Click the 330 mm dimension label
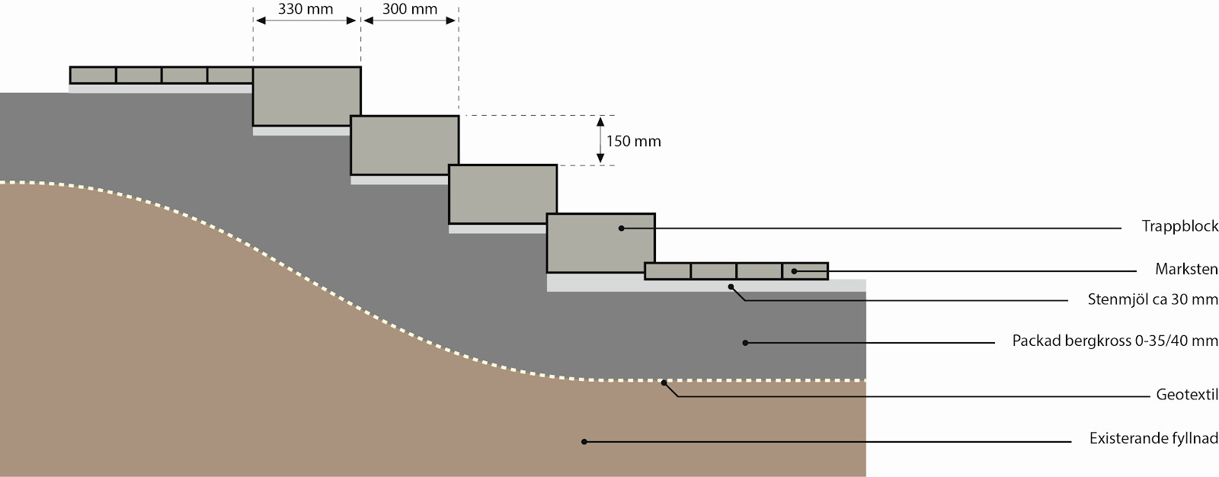point(306,8)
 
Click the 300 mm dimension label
point(410,8)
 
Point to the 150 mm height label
point(633,141)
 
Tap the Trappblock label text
point(1180,226)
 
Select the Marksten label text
point(1186,269)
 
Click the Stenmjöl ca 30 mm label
point(1153,299)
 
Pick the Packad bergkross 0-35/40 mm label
point(1115,341)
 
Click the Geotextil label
point(1187,394)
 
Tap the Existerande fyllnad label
point(1153,438)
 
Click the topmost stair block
point(307,96)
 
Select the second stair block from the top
point(405,146)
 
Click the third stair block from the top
point(503,194)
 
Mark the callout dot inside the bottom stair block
point(621,229)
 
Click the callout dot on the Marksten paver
point(794,271)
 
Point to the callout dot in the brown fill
point(584,442)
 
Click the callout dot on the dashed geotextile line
point(664,383)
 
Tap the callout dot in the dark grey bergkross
point(746,343)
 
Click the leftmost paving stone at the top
point(93,75)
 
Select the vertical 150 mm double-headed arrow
point(600,140)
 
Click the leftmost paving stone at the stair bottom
point(667,271)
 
